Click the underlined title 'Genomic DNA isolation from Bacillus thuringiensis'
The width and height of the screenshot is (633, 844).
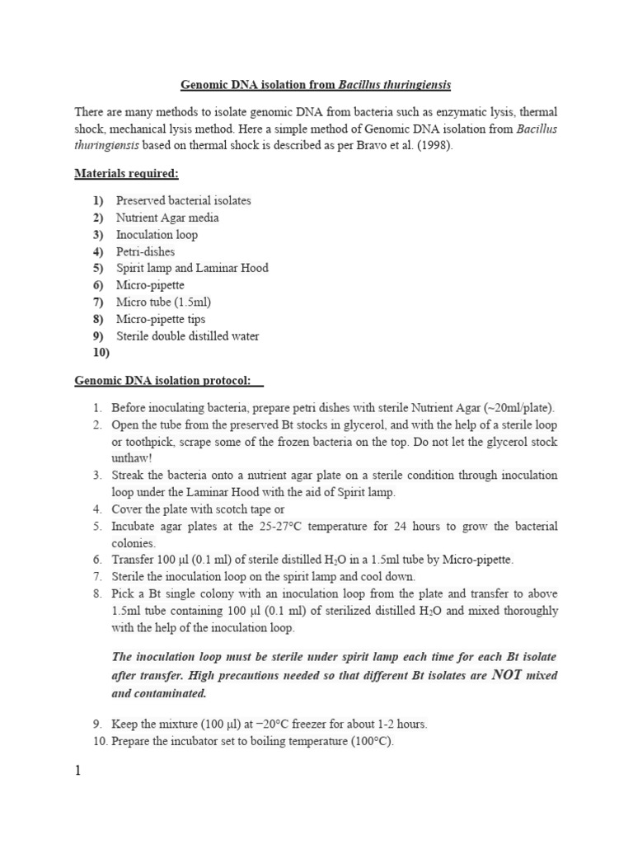[316, 85]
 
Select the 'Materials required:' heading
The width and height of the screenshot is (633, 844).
[126, 174]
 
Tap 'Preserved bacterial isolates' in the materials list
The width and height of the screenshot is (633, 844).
[183, 200]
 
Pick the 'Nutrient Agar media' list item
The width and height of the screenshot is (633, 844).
[167, 218]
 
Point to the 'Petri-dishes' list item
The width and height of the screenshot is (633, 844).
[145, 251]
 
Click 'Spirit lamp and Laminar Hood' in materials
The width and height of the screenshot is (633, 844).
[192, 268]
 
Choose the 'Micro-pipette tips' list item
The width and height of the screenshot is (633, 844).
[161, 319]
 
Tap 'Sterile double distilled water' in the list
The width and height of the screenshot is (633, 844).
[187, 336]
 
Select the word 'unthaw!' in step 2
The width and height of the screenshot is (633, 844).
[132, 458]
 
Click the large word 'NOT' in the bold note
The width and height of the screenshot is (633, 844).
[513, 675]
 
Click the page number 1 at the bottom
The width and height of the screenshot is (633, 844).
[78, 773]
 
